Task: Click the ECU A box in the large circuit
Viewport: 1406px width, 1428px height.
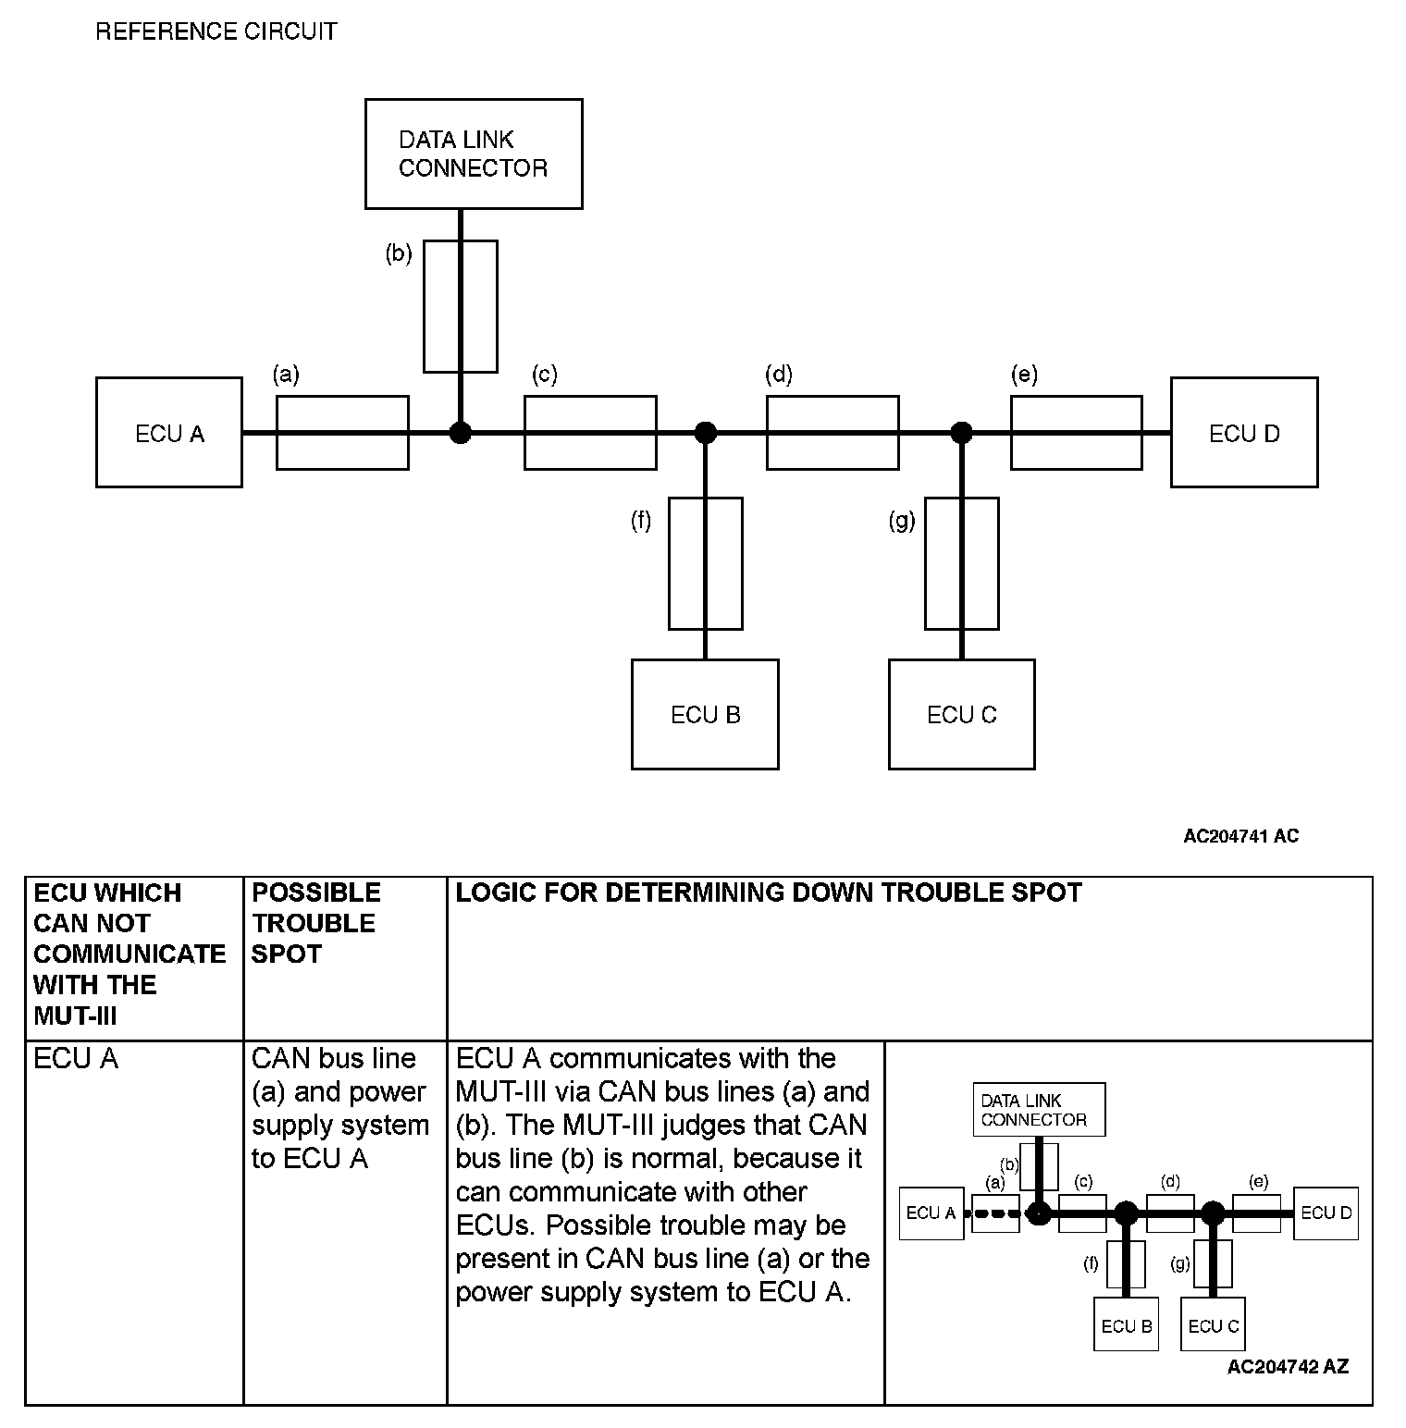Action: pyautogui.click(x=169, y=432)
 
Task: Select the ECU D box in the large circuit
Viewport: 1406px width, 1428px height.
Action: pyautogui.click(x=1243, y=432)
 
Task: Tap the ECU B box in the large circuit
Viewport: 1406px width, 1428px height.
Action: pyautogui.click(x=705, y=714)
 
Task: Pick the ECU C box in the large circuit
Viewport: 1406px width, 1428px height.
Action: pyautogui.click(x=961, y=714)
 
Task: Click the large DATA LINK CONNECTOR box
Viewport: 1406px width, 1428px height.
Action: pyautogui.click(x=474, y=154)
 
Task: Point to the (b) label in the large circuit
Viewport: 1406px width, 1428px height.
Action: pyautogui.click(x=399, y=253)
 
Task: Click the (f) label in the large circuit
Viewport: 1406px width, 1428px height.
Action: pyautogui.click(x=641, y=521)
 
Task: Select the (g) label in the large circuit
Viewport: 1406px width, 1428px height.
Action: pyautogui.click(x=902, y=521)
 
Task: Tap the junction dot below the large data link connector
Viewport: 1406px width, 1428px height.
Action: pyautogui.click(x=460, y=432)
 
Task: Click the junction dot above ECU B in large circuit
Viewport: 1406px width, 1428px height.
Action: pyautogui.click(x=706, y=432)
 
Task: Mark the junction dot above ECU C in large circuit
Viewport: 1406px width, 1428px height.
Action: pyautogui.click(x=962, y=432)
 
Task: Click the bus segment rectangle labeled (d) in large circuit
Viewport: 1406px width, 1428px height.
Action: pyautogui.click(x=832, y=432)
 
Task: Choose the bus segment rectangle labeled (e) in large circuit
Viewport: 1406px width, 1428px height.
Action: pyautogui.click(x=1076, y=432)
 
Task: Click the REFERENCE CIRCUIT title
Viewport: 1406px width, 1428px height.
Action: pyautogui.click(x=216, y=31)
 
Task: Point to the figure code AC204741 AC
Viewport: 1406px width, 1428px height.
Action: pyautogui.click(x=1240, y=836)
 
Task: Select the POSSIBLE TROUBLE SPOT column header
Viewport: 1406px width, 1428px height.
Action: pyautogui.click(x=315, y=923)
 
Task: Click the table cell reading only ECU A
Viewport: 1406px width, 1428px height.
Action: pyautogui.click(x=76, y=1058)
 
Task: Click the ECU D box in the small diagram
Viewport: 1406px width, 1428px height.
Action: pyautogui.click(x=1326, y=1213)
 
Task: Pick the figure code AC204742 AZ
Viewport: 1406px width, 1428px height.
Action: pyautogui.click(x=1288, y=1367)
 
